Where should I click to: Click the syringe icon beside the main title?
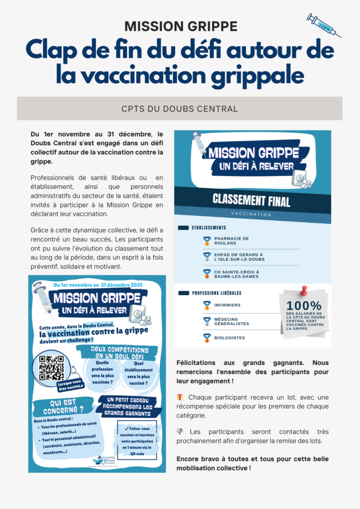[x=324, y=25]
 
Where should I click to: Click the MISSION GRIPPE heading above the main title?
[x=180, y=26]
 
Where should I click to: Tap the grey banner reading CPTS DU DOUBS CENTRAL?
[x=180, y=108]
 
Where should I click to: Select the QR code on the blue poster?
[x=51, y=368]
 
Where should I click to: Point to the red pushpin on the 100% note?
[x=303, y=290]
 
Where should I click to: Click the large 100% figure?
[x=304, y=306]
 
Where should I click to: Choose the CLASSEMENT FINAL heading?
[x=252, y=200]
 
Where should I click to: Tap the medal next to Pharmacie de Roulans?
[x=207, y=241]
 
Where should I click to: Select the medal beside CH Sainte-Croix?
[x=207, y=273]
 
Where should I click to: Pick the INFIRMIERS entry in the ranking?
[x=227, y=305]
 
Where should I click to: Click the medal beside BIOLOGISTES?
[x=207, y=338]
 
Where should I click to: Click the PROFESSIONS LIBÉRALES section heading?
[x=216, y=293]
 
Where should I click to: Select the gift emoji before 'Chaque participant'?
[x=180, y=397]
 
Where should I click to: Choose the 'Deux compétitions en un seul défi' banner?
[x=119, y=353]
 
